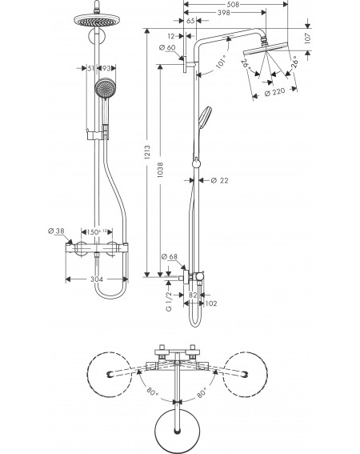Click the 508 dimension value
pyautogui.click(x=234, y=4)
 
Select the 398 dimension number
pyautogui.click(x=223, y=13)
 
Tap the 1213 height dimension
pyautogui.click(x=147, y=152)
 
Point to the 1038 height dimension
pyautogui.click(x=160, y=170)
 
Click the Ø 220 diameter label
pyautogui.click(x=275, y=92)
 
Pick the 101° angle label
pyautogui.click(x=222, y=62)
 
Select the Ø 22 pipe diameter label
pyautogui.click(x=220, y=180)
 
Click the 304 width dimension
pyautogui.click(x=97, y=279)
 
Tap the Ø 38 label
pyautogui.click(x=56, y=231)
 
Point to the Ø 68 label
pyautogui.click(x=170, y=256)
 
